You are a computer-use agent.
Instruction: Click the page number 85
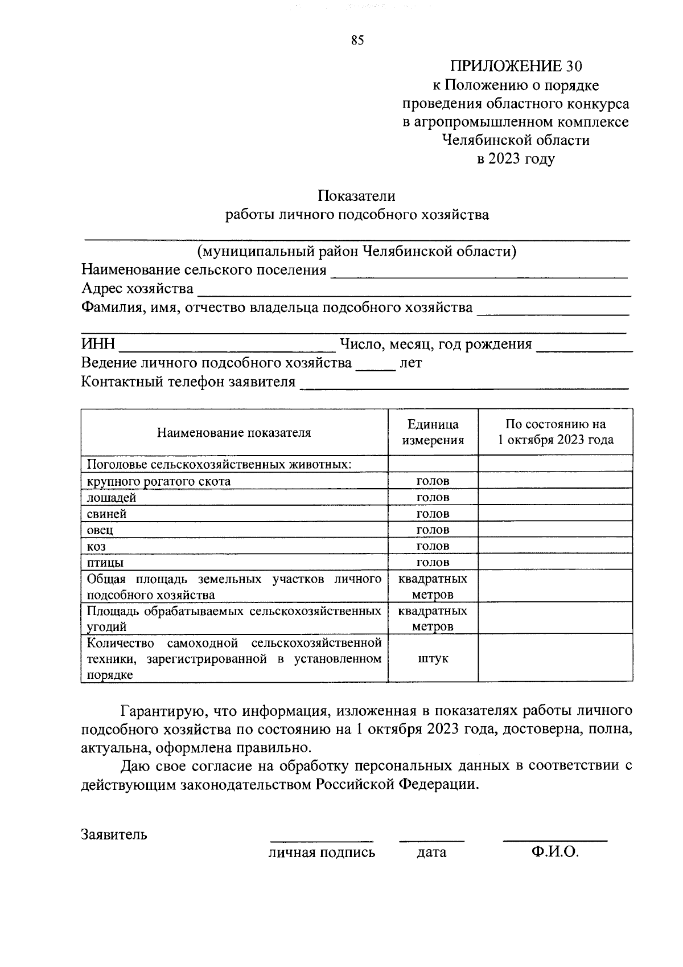pos(357,40)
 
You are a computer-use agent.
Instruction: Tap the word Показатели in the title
pos(356,196)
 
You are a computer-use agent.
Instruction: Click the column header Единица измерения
pos(433,432)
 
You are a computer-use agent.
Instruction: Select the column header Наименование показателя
pos(234,432)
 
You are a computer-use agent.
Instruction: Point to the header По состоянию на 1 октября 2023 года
pos(556,432)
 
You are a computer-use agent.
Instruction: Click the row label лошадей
pos(112,498)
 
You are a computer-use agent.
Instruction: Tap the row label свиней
pos(107,514)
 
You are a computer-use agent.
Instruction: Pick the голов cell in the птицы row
pos(433,563)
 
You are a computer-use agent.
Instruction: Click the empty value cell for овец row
pos(555,530)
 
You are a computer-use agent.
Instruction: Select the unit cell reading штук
pos(433,659)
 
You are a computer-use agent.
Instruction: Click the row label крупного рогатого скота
pos(159,482)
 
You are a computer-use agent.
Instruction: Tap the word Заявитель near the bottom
pos(114,835)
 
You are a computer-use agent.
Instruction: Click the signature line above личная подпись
pos(322,839)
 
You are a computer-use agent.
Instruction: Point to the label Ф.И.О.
pos(555,852)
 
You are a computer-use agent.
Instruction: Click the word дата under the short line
pos(431,853)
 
